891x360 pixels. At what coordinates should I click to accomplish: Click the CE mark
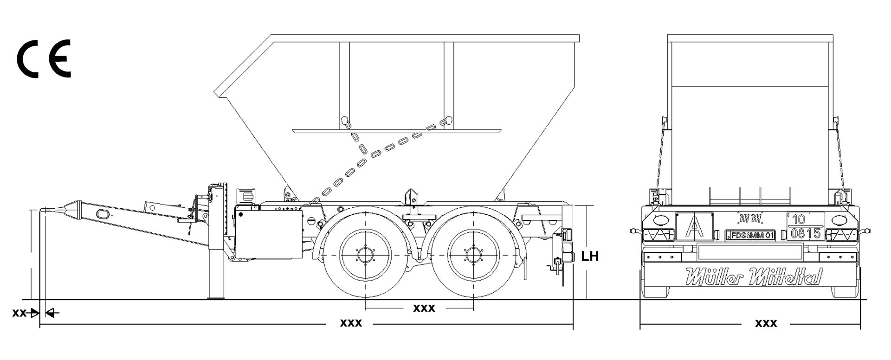tap(44, 59)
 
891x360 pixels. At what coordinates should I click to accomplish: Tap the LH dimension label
tap(590, 256)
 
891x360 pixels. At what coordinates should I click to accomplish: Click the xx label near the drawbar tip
tap(19, 313)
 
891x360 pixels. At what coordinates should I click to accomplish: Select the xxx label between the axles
tap(424, 308)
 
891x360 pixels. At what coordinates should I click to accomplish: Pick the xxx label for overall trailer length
tap(351, 323)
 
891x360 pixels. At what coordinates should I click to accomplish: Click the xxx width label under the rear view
tap(766, 323)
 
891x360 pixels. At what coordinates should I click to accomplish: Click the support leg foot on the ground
tap(215, 296)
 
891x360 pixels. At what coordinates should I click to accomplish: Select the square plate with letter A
tap(694, 226)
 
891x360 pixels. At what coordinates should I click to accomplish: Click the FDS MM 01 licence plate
tap(750, 235)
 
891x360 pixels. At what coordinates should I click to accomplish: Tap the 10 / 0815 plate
tap(806, 226)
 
